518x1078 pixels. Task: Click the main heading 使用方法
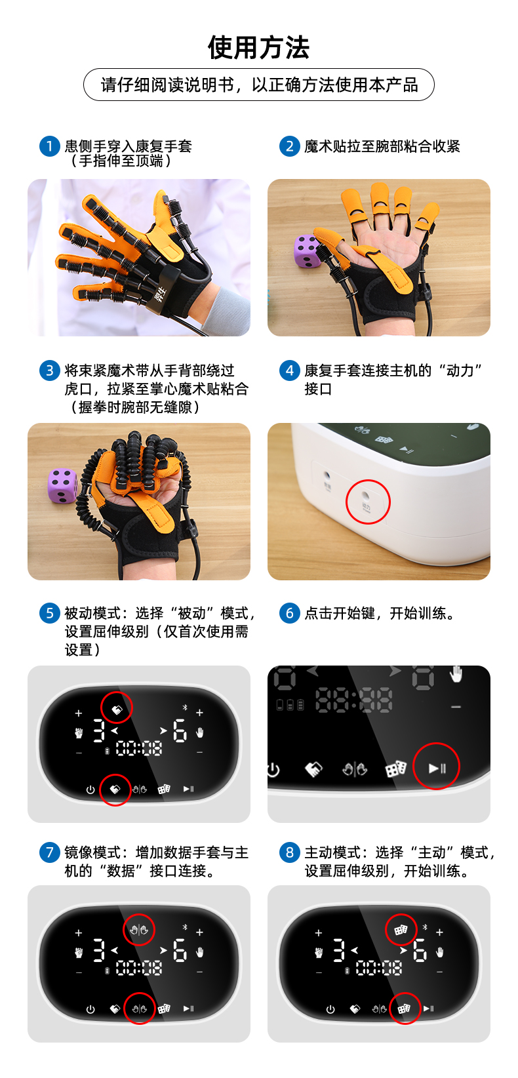[x=258, y=47]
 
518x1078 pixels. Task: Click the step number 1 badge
[x=49, y=146]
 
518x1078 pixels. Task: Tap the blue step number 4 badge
[x=289, y=370]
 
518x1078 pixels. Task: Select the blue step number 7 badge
[x=49, y=852]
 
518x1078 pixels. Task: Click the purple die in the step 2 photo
[x=306, y=252]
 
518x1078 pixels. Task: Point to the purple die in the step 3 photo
[x=62, y=486]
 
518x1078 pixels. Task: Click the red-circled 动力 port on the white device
[x=367, y=502]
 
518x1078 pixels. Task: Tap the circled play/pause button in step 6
[x=437, y=767]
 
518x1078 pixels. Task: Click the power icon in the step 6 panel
[x=273, y=770]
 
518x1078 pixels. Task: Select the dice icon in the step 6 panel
[x=395, y=769]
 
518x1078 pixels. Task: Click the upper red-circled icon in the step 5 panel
[x=117, y=708]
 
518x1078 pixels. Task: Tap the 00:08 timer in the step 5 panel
[x=139, y=748]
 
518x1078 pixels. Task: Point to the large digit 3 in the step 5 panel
[x=99, y=730]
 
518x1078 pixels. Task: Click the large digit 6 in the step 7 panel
[x=180, y=949]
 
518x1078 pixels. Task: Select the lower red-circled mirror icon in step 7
[x=139, y=1008]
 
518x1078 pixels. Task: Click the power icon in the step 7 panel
[x=90, y=1009]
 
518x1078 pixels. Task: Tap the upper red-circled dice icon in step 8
[x=401, y=930]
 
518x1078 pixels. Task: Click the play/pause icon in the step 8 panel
[x=428, y=1008]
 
